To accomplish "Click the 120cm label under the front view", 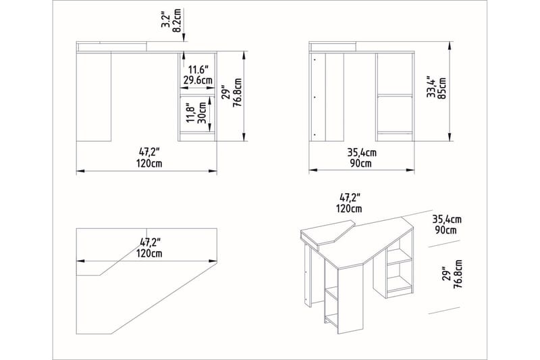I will point(148,163).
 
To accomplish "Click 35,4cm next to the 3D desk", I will point(447,219).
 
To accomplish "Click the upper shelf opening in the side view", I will point(394,74).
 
